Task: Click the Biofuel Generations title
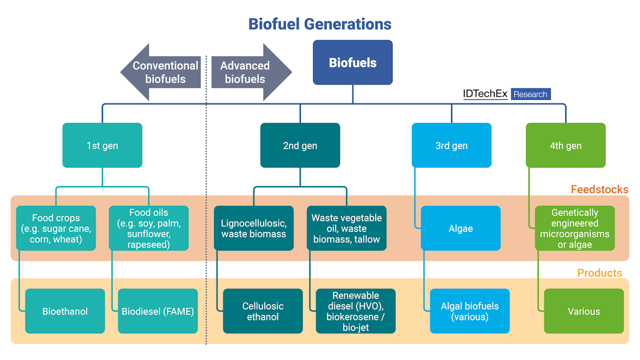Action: click(x=319, y=24)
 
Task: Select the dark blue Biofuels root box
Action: click(x=353, y=62)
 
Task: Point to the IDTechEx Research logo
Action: click(x=506, y=94)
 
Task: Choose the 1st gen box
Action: click(x=102, y=145)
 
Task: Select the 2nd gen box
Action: click(x=300, y=145)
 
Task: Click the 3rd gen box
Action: click(x=451, y=145)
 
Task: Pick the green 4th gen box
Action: click(x=565, y=145)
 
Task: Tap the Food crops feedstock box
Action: click(x=56, y=228)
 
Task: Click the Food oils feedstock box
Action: click(x=149, y=228)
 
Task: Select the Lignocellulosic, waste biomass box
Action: click(x=254, y=228)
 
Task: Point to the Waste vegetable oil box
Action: click(x=347, y=228)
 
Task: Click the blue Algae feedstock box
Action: click(x=461, y=228)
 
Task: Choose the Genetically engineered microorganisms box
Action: click(x=575, y=228)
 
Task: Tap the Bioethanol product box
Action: click(x=65, y=311)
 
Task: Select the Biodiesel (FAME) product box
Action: click(x=158, y=311)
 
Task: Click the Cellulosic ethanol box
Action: click(x=263, y=311)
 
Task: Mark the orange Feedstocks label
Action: click(x=599, y=189)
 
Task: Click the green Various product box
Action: click(x=584, y=311)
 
